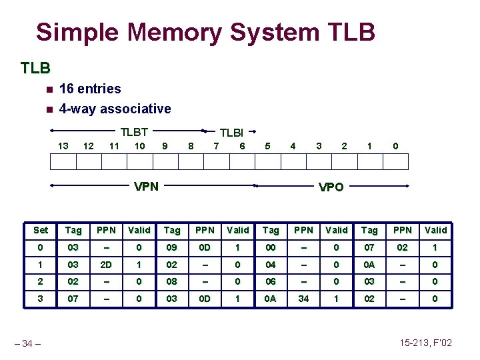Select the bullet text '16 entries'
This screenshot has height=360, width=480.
pyautogui.click(x=90, y=89)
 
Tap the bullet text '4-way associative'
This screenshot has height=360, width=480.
pyautogui.click(x=115, y=109)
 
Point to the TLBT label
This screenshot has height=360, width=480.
pyautogui.click(x=133, y=132)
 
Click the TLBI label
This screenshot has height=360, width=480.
pyautogui.click(x=232, y=133)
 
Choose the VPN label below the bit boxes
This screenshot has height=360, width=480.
pyautogui.click(x=146, y=186)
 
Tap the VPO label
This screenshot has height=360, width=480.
pyautogui.click(x=331, y=187)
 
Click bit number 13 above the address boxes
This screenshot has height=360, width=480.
pyautogui.click(x=63, y=146)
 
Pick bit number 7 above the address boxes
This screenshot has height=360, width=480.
pyautogui.click(x=215, y=146)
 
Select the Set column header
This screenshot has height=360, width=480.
pyautogui.click(x=41, y=230)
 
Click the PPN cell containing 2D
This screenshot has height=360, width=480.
pyautogui.click(x=106, y=264)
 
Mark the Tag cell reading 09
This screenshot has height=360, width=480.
pyautogui.click(x=172, y=247)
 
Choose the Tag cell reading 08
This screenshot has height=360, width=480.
pyautogui.click(x=172, y=281)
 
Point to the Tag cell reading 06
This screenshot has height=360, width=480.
pyautogui.click(x=271, y=281)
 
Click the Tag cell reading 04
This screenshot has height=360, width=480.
pyautogui.click(x=271, y=264)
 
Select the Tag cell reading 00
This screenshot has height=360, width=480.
pyautogui.click(x=271, y=247)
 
